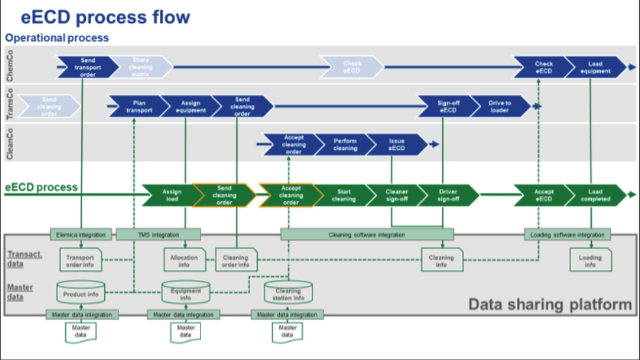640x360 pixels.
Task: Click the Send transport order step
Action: coord(85,67)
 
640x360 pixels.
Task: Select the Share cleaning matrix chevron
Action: coord(140,67)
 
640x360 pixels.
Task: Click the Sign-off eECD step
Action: coord(447,107)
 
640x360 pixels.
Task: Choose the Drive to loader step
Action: coord(499,107)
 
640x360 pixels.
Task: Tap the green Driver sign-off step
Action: coord(447,195)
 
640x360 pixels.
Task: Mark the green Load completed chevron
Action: coord(595,195)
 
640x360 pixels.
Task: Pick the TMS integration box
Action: coord(158,234)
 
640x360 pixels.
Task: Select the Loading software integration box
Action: coord(568,234)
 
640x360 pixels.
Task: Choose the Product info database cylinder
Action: coord(81,294)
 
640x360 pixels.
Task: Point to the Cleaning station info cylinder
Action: coord(288,295)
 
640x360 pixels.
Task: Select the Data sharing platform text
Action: coord(550,304)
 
